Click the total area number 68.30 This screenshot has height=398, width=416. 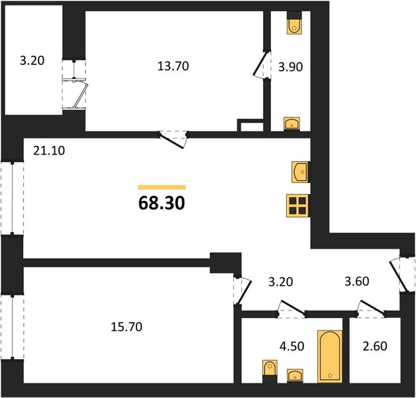tap(162, 204)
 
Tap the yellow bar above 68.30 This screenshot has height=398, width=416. tap(162, 187)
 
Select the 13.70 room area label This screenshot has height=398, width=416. tap(173, 66)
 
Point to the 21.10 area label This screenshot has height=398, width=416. tap(49, 151)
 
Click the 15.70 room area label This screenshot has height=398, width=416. tap(127, 327)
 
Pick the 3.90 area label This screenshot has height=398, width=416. tap(290, 67)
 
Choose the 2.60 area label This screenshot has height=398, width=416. tap(375, 346)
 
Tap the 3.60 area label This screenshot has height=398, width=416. tap(357, 282)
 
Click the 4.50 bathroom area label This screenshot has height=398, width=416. tap(292, 346)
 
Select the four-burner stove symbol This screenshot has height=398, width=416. tap(297, 206)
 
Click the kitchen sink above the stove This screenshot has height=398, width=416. tap(301, 172)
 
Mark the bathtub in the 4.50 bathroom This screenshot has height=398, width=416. tap(330, 357)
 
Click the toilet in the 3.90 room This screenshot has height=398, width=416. tap(295, 23)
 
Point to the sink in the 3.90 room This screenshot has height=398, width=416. tap(292, 124)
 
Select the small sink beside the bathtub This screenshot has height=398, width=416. tap(295, 376)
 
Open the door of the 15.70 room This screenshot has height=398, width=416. tap(242, 291)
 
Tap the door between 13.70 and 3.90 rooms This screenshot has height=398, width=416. tap(262, 64)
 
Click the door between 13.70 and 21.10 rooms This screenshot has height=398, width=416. tap(174, 139)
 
